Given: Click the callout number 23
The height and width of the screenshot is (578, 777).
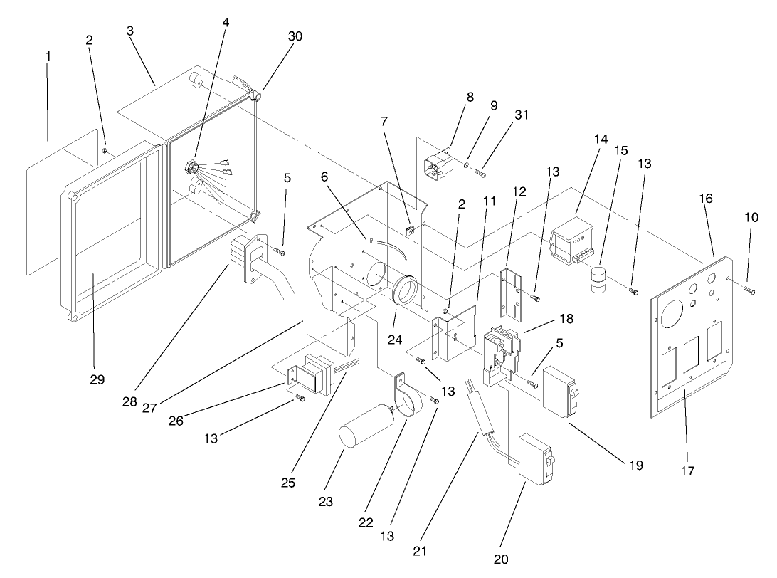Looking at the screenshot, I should (326, 501).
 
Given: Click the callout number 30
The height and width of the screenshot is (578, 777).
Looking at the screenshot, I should (295, 36).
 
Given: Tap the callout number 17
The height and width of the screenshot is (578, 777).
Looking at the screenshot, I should (687, 471).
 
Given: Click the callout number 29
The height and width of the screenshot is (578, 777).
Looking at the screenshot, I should (97, 379).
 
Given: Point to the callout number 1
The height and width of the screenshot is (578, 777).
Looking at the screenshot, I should (48, 55).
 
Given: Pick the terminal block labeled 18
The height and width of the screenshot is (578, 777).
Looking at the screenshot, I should (501, 352).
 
